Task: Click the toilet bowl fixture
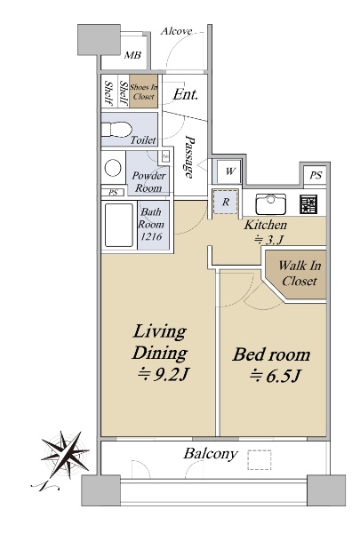pos(116,130)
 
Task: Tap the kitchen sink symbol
pos(270,203)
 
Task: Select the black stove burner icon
pos(308,204)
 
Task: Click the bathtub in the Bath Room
pos(119,225)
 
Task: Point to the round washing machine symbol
pos(113,168)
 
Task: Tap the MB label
pos(132,55)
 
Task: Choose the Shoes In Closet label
pos(144,91)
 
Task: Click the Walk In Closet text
pos(300,273)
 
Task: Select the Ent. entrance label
pos(185,94)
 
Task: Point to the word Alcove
pos(177,31)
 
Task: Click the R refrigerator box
pos(225,202)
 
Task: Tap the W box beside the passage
pos(230,171)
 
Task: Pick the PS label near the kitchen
pos(316,175)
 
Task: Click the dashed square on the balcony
pos(260,460)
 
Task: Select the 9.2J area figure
pos(163,375)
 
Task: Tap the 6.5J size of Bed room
pos(276,376)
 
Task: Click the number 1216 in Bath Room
pos(151,236)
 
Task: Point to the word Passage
pos(189,156)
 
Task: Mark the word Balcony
pos(211,454)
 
